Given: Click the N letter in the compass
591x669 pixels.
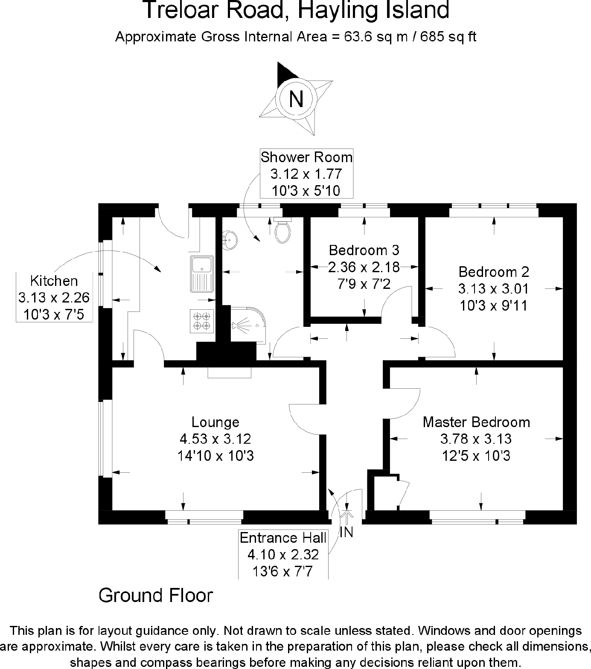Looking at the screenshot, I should (296, 99).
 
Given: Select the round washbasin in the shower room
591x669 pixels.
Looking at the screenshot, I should (230, 241).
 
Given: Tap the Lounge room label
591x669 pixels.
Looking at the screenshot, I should (215, 422).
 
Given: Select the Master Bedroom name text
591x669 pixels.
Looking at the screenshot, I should (476, 422).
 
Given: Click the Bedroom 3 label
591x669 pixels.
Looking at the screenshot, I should (364, 250).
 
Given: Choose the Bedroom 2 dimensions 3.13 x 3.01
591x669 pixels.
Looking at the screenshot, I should (494, 289).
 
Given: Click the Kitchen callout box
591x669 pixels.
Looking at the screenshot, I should (54, 297).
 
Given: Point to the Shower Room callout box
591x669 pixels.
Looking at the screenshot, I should (306, 174).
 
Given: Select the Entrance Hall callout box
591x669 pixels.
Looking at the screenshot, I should (283, 554).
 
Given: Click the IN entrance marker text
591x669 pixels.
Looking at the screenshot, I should (346, 532).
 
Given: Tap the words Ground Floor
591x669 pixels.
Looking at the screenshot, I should (156, 595).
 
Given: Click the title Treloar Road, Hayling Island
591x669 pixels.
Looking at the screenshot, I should (296, 10).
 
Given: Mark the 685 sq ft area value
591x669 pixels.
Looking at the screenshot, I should (448, 37).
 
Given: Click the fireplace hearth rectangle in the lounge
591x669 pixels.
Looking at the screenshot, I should (230, 372).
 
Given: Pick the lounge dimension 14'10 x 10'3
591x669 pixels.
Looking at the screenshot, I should (215, 456).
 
